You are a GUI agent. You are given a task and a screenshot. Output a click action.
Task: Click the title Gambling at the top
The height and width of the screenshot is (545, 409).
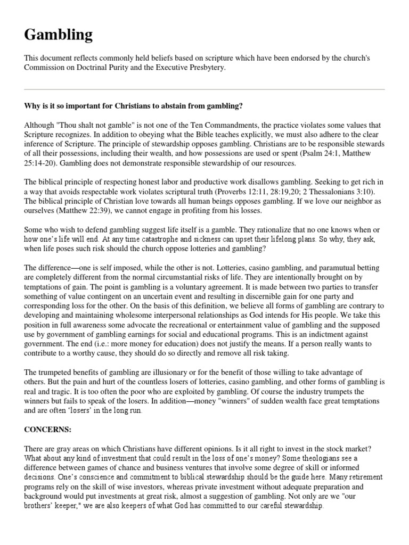58,35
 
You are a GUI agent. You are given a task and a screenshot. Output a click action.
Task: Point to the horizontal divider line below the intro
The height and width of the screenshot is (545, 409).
204,89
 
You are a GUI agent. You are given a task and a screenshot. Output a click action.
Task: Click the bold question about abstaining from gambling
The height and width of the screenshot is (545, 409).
133,106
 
